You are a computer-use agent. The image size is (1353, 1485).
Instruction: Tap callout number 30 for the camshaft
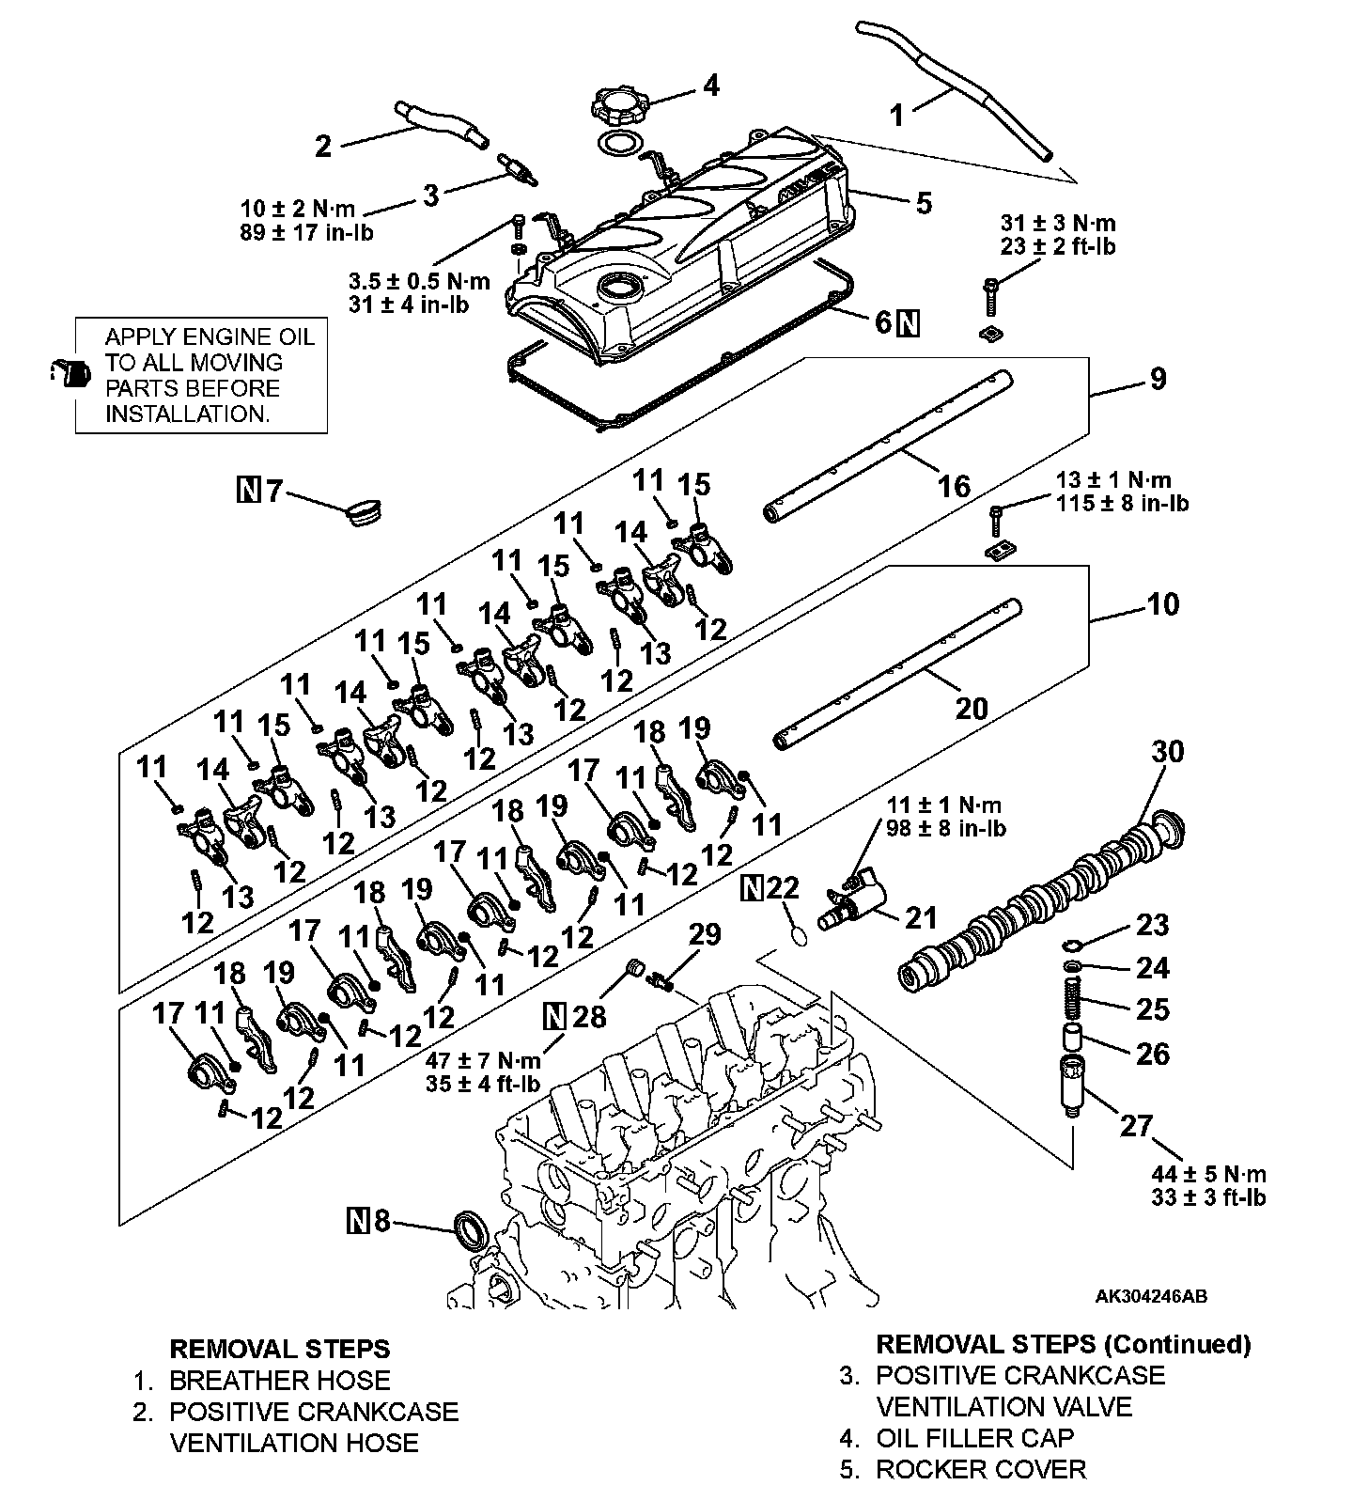pyautogui.click(x=1168, y=752)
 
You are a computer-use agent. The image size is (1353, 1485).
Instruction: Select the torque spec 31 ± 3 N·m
pyautogui.click(x=1058, y=224)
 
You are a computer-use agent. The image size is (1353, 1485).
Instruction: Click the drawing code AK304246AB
pyautogui.click(x=1151, y=1296)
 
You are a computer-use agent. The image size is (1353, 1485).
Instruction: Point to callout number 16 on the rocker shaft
pyautogui.click(x=954, y=486)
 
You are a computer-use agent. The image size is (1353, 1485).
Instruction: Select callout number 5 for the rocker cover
pyautogui.click(x=924, y=202)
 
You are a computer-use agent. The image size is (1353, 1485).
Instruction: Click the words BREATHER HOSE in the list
pyautogui.click(x=279, y=1380)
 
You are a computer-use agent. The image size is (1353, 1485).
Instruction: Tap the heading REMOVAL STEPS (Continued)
pyautogui.click(x=1063, y=1344)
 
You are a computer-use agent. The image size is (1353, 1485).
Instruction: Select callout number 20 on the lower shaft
pyautogui.click(x=971, y=707)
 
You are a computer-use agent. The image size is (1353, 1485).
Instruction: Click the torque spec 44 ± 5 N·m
pyautogui.click(x=1208, y=1174)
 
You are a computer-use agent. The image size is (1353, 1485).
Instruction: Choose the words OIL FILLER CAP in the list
pyautogui.click(x=974, y=1438)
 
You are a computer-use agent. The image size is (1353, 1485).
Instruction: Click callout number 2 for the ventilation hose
pyautogui.click(x=323, y=146)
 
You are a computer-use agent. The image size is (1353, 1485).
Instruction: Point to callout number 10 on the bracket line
pyautogui.click(x=1162, y=603)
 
